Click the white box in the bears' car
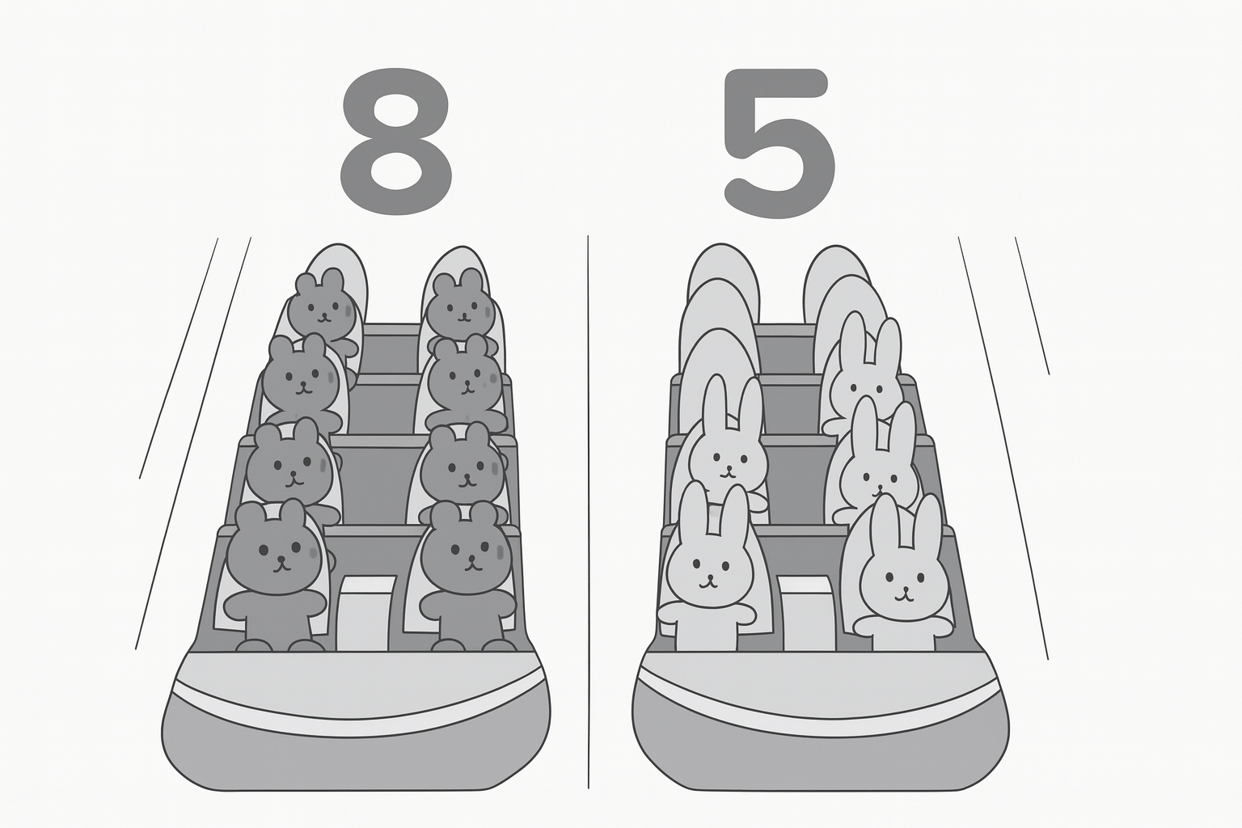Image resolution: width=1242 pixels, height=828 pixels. pos(366,612)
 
